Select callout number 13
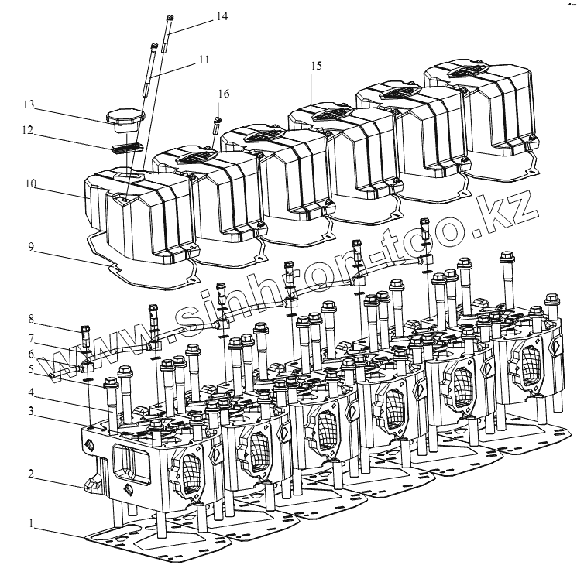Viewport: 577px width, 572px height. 29,104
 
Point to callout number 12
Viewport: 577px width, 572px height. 29,131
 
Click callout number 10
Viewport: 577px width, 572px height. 30,183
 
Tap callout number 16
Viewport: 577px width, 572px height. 223,93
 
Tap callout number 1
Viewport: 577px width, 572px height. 32,524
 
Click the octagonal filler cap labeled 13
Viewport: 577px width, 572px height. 123,118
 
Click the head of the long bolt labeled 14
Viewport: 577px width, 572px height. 169,17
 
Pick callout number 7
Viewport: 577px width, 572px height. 32,337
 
